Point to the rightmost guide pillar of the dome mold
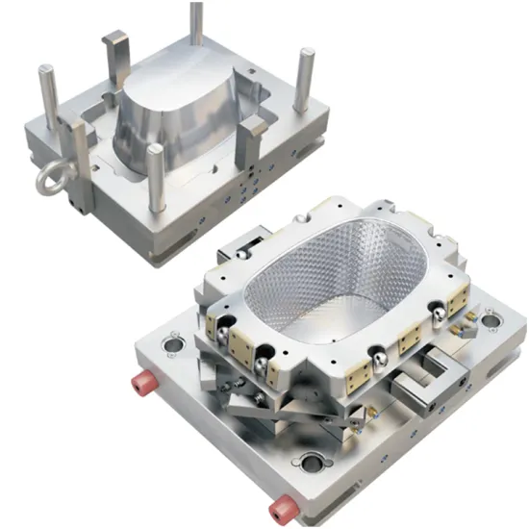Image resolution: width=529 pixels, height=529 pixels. pos(306,87)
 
